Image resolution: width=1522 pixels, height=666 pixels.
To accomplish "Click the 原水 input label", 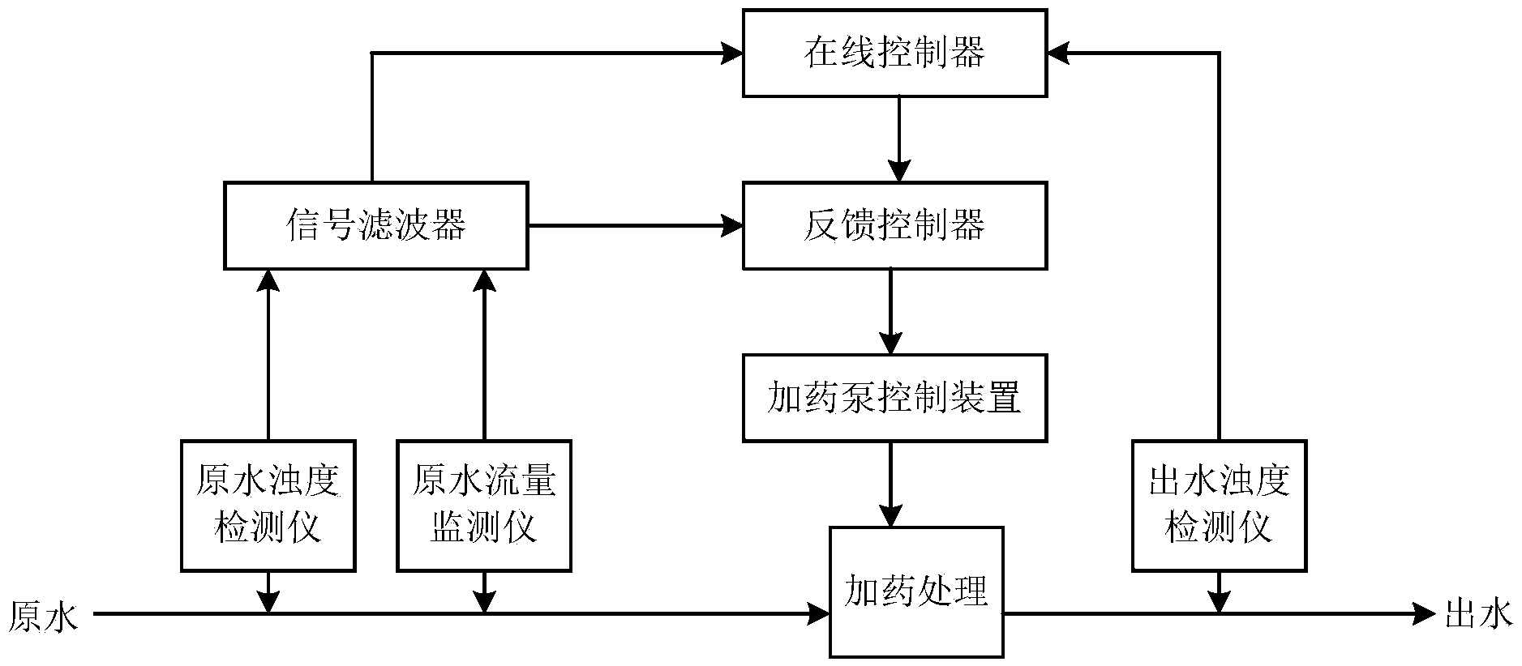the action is click(44, 616).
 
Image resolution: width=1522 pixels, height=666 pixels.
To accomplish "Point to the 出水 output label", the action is click(1479, 614).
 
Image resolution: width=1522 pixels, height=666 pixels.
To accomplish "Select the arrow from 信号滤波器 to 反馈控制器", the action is click(636, 225).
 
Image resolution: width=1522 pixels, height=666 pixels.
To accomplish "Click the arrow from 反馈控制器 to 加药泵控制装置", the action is click(891, 311).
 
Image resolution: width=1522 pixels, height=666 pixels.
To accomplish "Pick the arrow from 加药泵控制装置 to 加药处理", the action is click(891, 484).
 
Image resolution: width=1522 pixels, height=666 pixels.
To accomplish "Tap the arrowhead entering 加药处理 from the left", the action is click(818, 614).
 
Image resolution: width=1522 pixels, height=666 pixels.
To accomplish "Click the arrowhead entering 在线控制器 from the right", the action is click(1058, 53).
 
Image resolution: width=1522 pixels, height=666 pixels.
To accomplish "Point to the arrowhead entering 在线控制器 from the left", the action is click(732, 53).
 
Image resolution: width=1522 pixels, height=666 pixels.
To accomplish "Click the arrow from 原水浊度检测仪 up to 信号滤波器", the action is click(268, 355).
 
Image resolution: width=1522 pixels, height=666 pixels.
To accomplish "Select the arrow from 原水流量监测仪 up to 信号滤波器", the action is click(484, 355).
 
